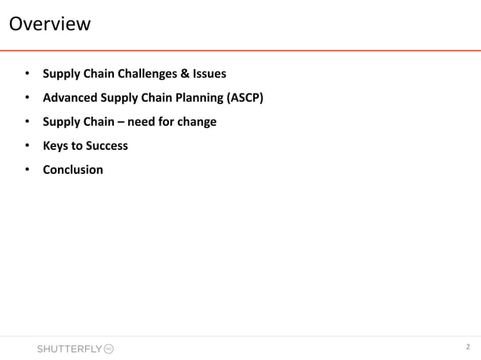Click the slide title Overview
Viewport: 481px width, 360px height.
point(49,24)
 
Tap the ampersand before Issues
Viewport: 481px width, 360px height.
point(185,74)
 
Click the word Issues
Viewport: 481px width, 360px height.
point(210,74)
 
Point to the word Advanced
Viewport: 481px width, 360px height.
point(69,98)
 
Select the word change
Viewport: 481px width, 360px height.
point(197,121)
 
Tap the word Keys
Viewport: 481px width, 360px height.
point(56,145)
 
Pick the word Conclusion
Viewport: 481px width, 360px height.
point(72,169)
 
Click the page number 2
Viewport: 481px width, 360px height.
point(467,347)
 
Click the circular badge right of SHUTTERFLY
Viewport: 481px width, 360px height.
point(108,349)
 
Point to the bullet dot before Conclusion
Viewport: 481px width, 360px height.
point(27,169)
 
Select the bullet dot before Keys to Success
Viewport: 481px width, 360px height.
point(27,145)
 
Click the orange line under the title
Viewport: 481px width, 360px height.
point(240,50)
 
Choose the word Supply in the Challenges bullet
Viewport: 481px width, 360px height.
point(62,74)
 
